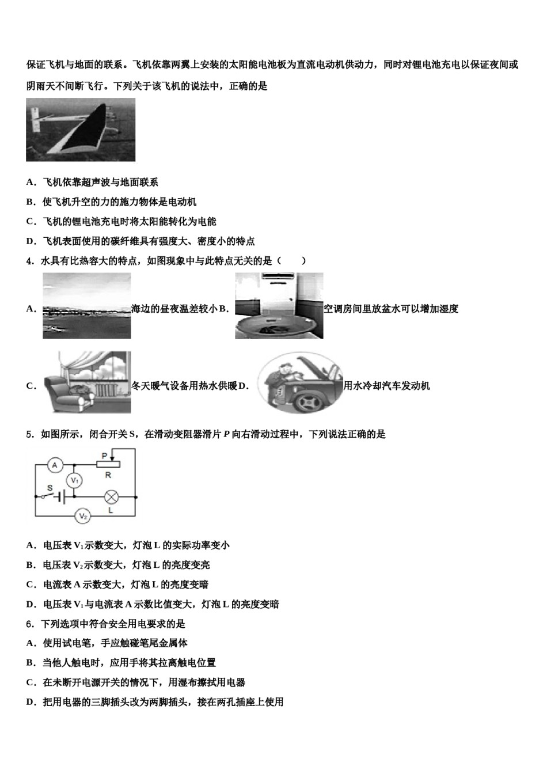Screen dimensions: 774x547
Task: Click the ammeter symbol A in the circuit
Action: [54, 465]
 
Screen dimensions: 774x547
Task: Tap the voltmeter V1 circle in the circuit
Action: [73, 480]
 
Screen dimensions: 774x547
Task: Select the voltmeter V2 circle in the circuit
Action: [83, 517]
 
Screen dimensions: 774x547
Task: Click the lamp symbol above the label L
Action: [110, 495]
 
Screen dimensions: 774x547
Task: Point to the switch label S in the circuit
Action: [50, 488]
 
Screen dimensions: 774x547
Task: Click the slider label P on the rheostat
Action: [104, 456]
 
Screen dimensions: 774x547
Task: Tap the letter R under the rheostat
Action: [108, 475]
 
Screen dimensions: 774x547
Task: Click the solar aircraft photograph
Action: [81, 130]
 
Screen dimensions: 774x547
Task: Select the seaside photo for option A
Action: [87, 306]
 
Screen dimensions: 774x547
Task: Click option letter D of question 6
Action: [30, 702]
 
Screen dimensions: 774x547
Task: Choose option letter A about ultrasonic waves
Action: [30, 183]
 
